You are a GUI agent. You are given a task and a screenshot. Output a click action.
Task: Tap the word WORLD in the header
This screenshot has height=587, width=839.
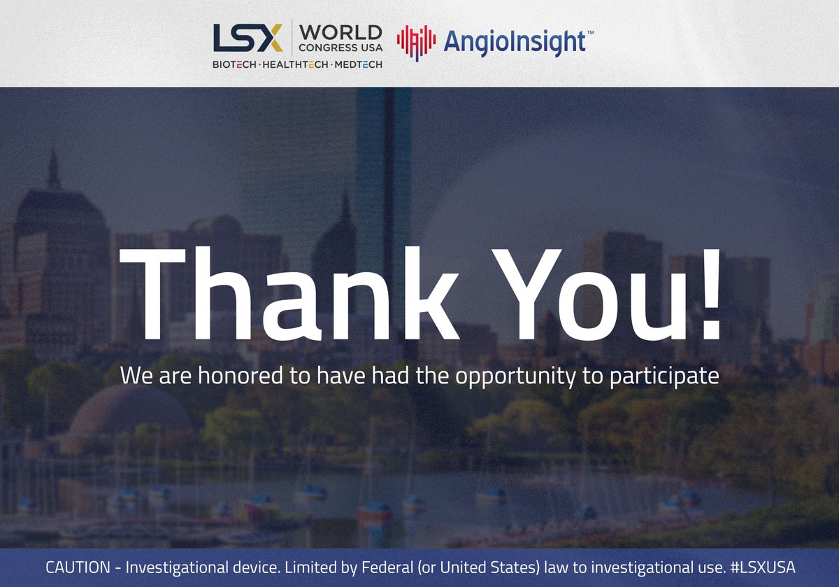[341, 32]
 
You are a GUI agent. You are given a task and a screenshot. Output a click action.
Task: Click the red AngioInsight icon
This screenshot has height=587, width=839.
[416, 42]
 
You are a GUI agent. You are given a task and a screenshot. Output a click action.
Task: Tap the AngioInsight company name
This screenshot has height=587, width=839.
[513, 42]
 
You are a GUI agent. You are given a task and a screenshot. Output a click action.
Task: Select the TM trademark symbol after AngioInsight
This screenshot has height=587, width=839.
[589, 33]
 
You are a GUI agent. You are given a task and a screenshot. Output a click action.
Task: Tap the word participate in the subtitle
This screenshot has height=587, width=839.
[658, 377]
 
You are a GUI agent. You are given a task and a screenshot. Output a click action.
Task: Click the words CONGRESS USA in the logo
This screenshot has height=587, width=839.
[340, 48]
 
